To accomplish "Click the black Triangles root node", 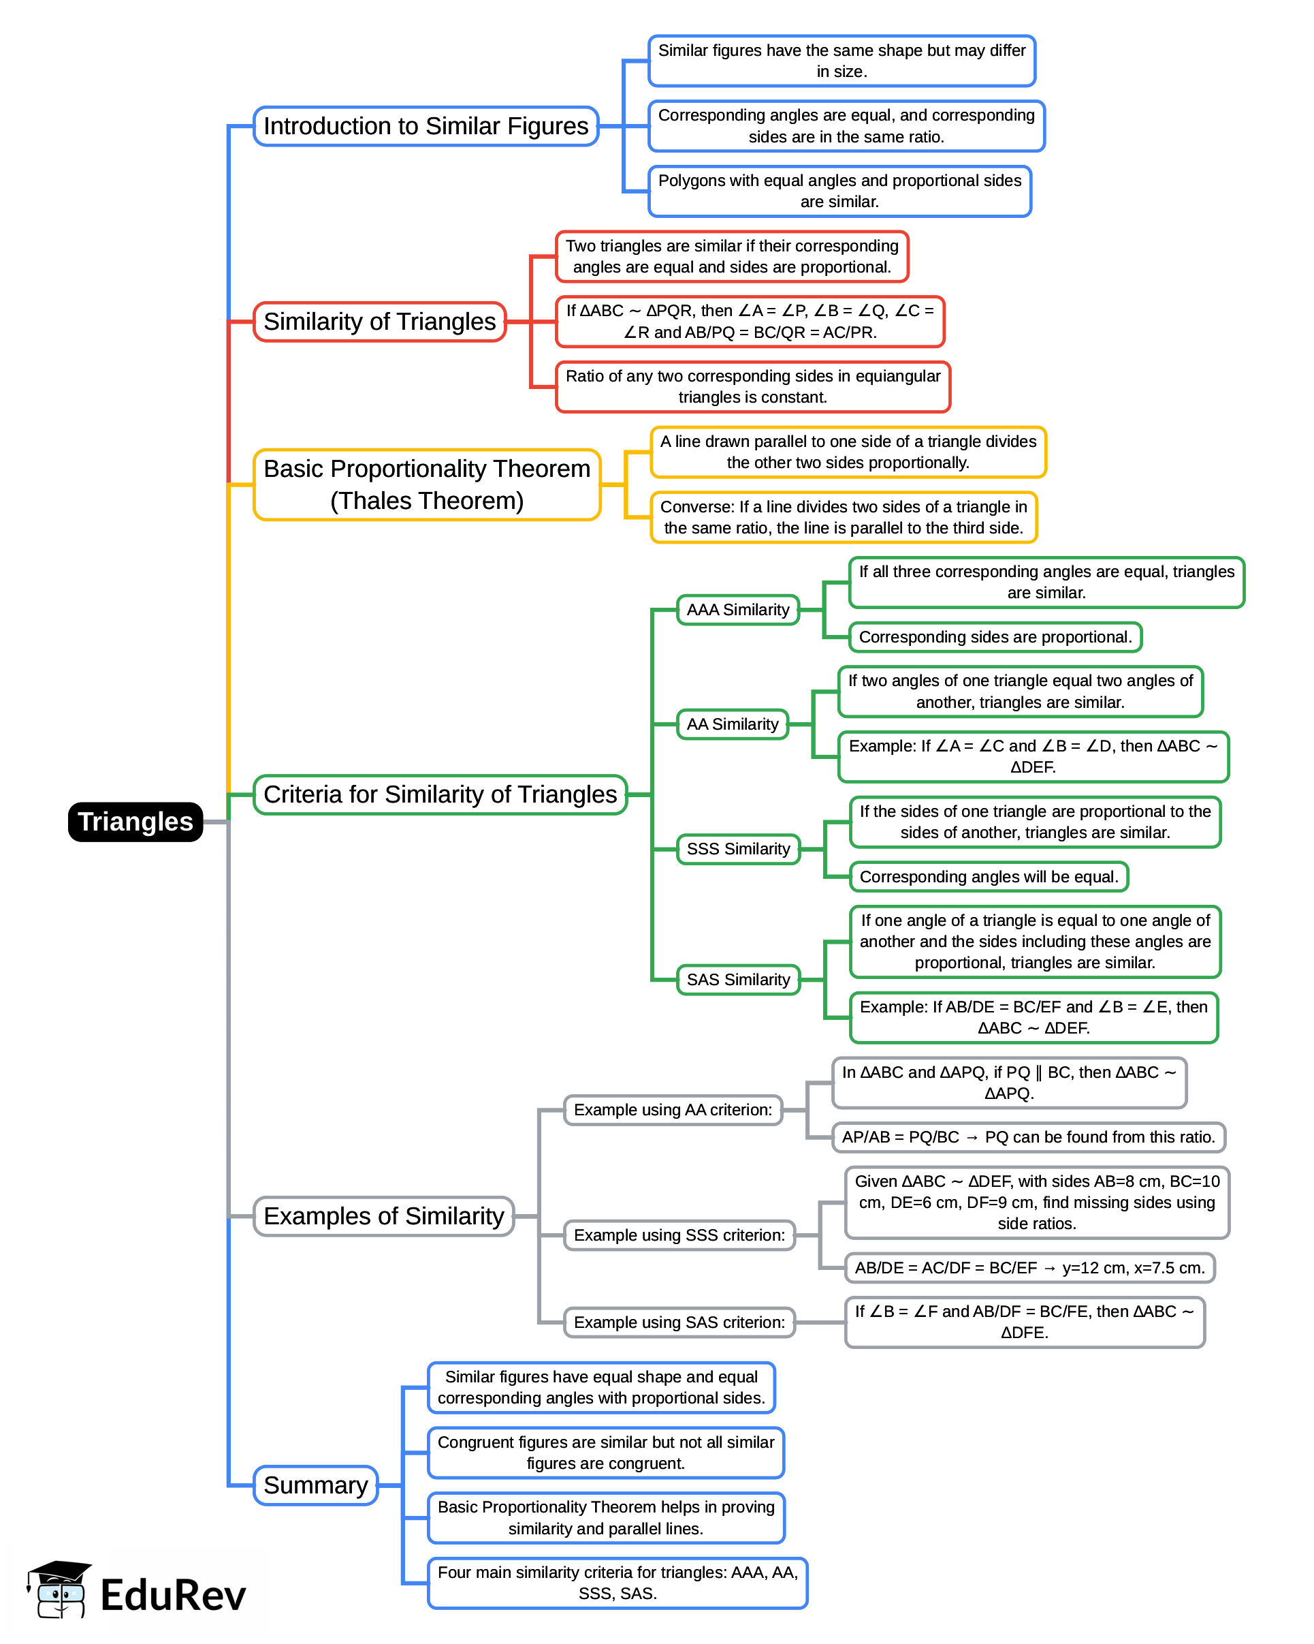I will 135,821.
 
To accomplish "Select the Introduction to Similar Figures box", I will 426,126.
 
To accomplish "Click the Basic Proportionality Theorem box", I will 426,484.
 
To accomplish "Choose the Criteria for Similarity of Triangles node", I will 440,794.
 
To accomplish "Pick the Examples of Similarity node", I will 383,1215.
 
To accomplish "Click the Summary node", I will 315,1485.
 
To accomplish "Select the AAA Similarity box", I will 737,609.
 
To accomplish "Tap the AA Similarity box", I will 732,724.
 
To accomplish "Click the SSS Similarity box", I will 737,849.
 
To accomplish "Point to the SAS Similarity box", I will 737,979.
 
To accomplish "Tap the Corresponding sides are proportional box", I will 995,637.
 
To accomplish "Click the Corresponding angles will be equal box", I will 989,876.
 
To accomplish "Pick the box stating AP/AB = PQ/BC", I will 1027,1137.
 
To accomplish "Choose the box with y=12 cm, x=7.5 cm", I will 1029,1267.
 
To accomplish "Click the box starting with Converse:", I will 843,517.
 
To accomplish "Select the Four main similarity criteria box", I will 617,1582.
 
